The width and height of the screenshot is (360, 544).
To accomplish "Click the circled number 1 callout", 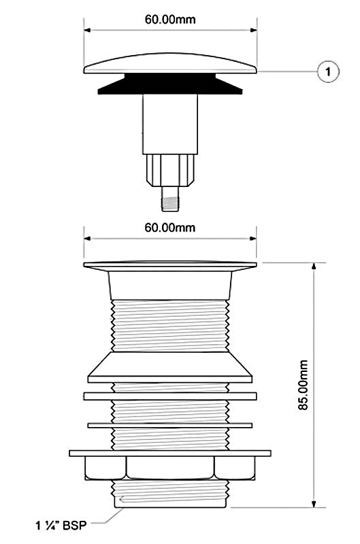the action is [328, 72].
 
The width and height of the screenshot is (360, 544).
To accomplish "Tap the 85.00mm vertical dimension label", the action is [303, 386].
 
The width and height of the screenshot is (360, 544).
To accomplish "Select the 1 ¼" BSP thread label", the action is [61, 525].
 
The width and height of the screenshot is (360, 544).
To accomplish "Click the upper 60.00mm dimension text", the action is [170, 20].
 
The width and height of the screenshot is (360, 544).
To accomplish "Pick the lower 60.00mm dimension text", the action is [170, 228].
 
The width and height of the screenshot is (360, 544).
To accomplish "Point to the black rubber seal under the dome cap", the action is [170, 84].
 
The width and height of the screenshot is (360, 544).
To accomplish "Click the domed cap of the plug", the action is [170, 63].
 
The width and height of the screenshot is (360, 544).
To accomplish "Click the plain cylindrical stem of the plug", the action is [170, 124].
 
